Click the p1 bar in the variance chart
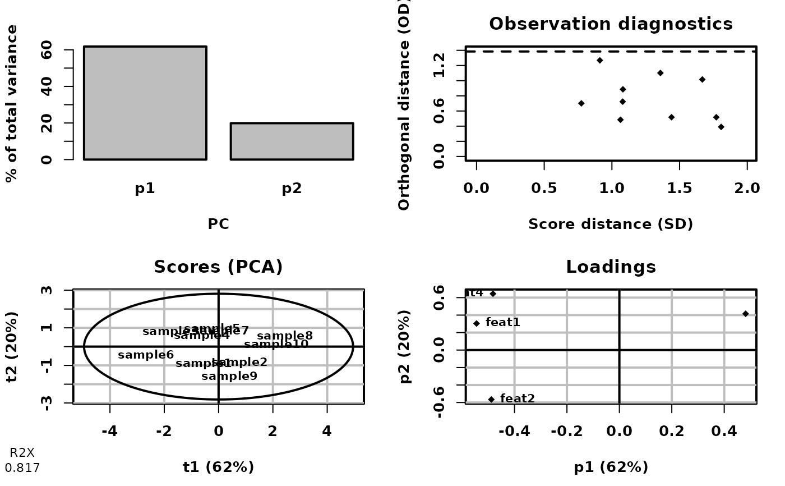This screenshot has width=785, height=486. [145, 103]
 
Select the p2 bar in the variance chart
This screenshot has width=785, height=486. [292, 141]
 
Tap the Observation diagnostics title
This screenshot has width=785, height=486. [611, 24]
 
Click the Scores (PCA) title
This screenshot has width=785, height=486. [218, 267]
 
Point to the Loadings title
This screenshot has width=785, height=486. [611, 267]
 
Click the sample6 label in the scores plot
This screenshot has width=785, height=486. [146, 355]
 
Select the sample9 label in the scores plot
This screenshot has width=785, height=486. [229, 376]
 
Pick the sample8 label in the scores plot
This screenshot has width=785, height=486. [285, 336]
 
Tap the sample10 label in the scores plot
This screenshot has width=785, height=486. [276, 344]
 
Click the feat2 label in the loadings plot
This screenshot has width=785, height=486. [517, 398]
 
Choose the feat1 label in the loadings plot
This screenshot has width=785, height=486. [502, 322]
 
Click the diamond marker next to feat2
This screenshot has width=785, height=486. [491, 399]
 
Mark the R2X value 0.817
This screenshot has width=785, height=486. [22, 467]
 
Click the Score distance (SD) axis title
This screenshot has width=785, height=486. [611, 224]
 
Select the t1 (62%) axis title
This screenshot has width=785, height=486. [218, 467]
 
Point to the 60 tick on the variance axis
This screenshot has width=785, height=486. [48, 50]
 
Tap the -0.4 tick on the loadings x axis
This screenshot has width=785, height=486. [514, 432]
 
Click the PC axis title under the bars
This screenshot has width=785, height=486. [218, 224]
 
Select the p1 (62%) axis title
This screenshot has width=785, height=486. [611, 467]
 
